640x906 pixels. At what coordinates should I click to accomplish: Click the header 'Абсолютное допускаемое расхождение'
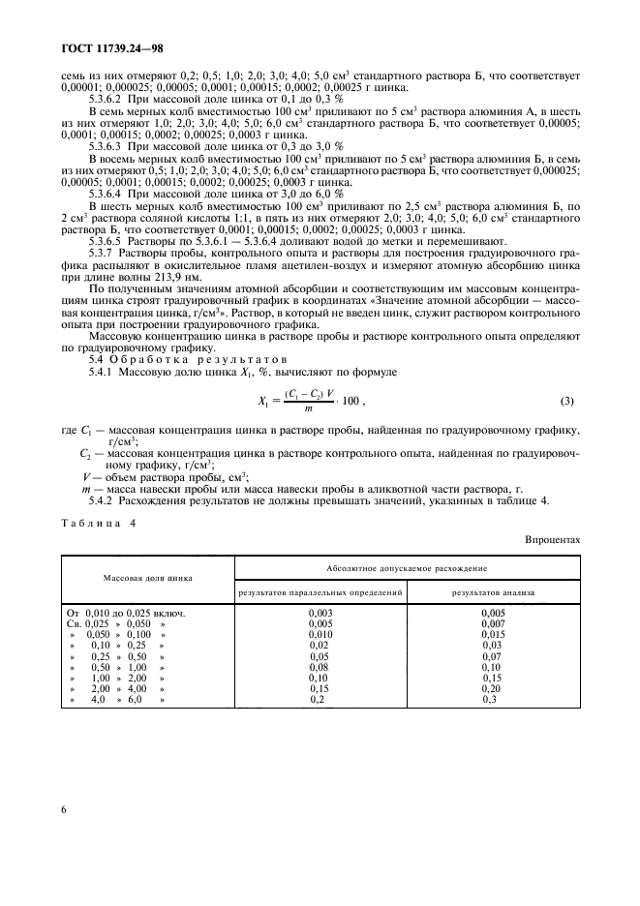[x=406, y=568]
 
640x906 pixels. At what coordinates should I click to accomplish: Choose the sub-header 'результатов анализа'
[x=492, y=590]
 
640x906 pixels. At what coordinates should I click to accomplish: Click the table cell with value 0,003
[x=320, y=613]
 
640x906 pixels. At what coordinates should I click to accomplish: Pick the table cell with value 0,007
[x=492, y=623]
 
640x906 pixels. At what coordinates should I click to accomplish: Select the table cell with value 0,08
[x=320, y=667]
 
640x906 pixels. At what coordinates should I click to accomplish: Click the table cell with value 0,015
[x=492, y=634]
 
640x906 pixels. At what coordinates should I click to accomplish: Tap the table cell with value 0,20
[x=492, y=688]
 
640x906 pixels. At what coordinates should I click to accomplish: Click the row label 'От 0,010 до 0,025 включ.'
[x=125, y=613]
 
